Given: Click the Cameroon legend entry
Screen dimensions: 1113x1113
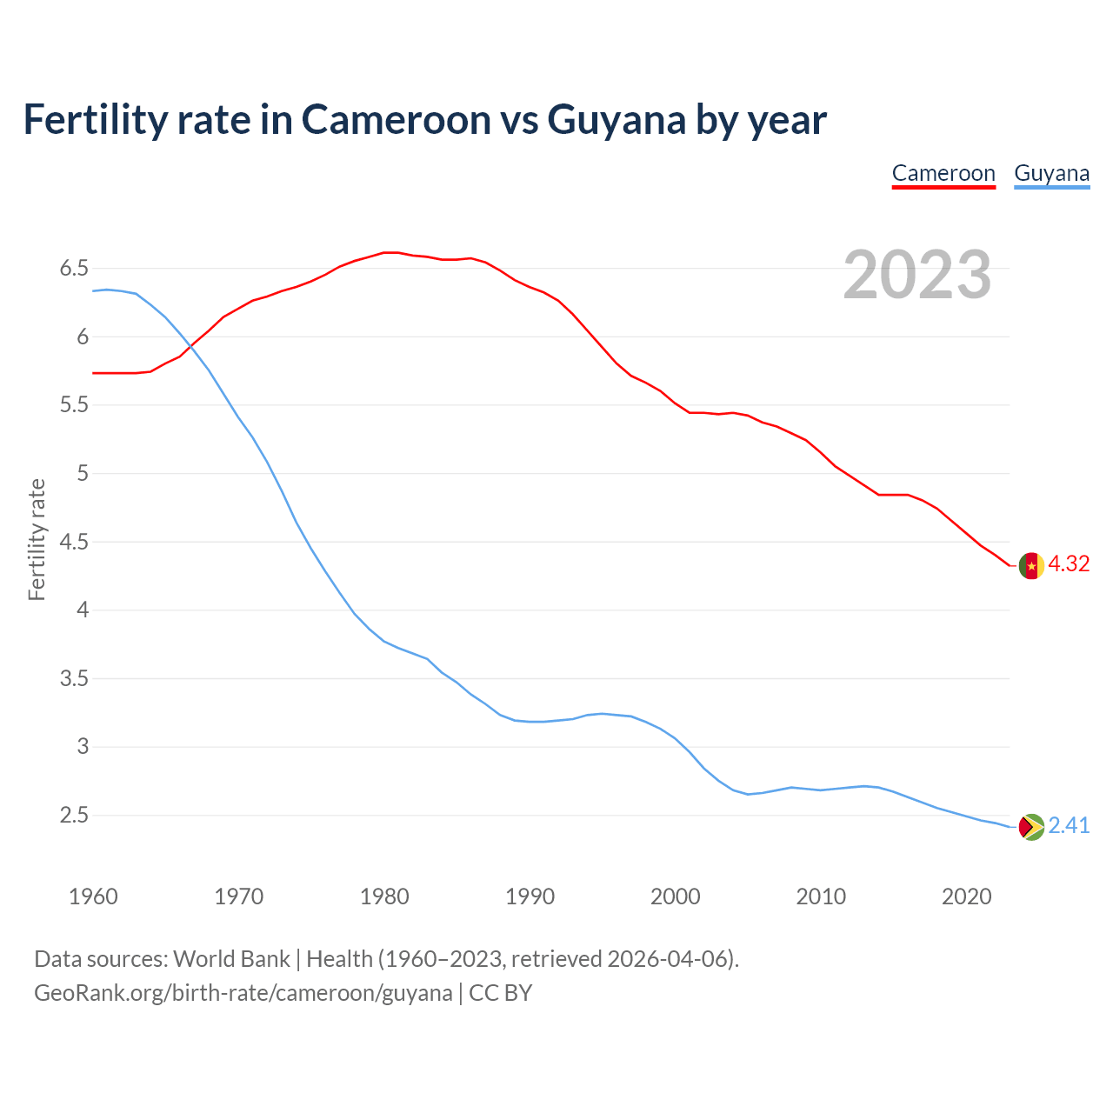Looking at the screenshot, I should tap(943, 174).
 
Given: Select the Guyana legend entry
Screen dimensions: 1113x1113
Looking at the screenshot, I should tap(1051, 174).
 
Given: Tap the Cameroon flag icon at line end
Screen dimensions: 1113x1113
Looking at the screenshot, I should tap(1030, 565).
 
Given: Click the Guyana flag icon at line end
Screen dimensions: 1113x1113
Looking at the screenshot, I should tap(1030, 826).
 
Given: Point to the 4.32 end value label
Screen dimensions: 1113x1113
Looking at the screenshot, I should tap(1069, 564).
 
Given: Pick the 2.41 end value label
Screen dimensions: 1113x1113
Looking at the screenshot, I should tap(1069, 825).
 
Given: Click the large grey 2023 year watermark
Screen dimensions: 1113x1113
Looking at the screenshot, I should tap(917, 275).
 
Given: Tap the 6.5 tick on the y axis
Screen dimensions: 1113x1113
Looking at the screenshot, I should tap(74, 269).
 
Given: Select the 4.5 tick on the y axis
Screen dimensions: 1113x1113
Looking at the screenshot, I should tap(74, 543).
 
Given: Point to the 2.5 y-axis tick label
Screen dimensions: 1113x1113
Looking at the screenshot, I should tap(74, 816).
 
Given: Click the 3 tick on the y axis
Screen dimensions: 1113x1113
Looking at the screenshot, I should tap(83, 747).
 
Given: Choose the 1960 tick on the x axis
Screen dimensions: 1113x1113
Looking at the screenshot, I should tap(93, 896).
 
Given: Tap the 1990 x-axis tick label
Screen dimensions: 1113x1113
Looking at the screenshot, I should tap(530, 896).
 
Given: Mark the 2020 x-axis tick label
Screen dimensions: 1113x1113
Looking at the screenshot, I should tap(966, 896).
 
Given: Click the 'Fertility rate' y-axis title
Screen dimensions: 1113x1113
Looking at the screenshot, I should tap(37, 539).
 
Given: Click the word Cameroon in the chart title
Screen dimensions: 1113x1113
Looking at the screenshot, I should tap(397, 120).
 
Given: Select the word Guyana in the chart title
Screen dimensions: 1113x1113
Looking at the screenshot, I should tap(616, 120).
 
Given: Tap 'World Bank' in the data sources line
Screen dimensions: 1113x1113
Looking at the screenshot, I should tap(231, 959).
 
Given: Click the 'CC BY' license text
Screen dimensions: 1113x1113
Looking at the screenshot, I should tap(500, 993).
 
